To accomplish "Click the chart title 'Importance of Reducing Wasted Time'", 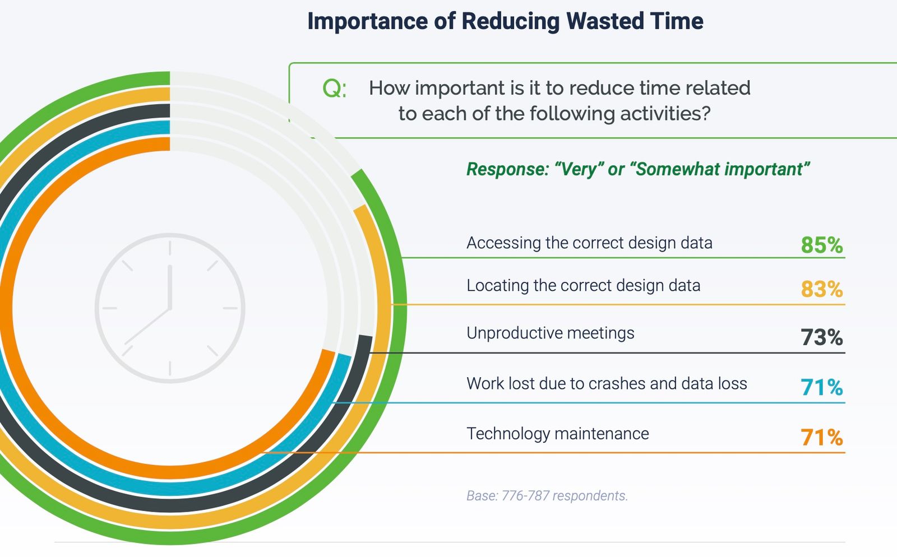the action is pyautogui.click(x=505, y=21).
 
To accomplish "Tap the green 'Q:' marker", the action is pyautogui.click(x=334, y=89).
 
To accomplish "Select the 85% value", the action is pyautogui.click(x=822, y=245).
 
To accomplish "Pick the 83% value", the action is pyautogui.click(x=822, y=289).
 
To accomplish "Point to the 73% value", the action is pyautogui.click(x=822, y=337).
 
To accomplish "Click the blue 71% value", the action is pyautogui.click(x=822, y=387).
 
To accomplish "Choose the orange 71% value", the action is pyautogui.click(x=822, y=437).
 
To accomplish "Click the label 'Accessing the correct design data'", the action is pyautogui.click(x=589, y=243).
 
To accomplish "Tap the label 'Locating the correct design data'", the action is pyautogui.click(x=584, y=286).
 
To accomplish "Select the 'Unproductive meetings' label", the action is pyautogui.click(x=551, y=333).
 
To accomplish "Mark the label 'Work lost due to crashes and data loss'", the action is pyautogui.click(x=607, y=383).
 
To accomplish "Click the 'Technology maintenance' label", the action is pyautogui.click(x=557, y=433).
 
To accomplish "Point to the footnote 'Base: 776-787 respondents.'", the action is pyautogui.click(x=547, y=496).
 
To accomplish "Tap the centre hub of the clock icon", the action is pyautogui.click(x=170, y=308).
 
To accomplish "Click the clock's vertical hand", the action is pyautogui.click(x=170, y=286).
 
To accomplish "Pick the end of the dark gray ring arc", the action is pyautogui.click(x=366, y=336).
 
